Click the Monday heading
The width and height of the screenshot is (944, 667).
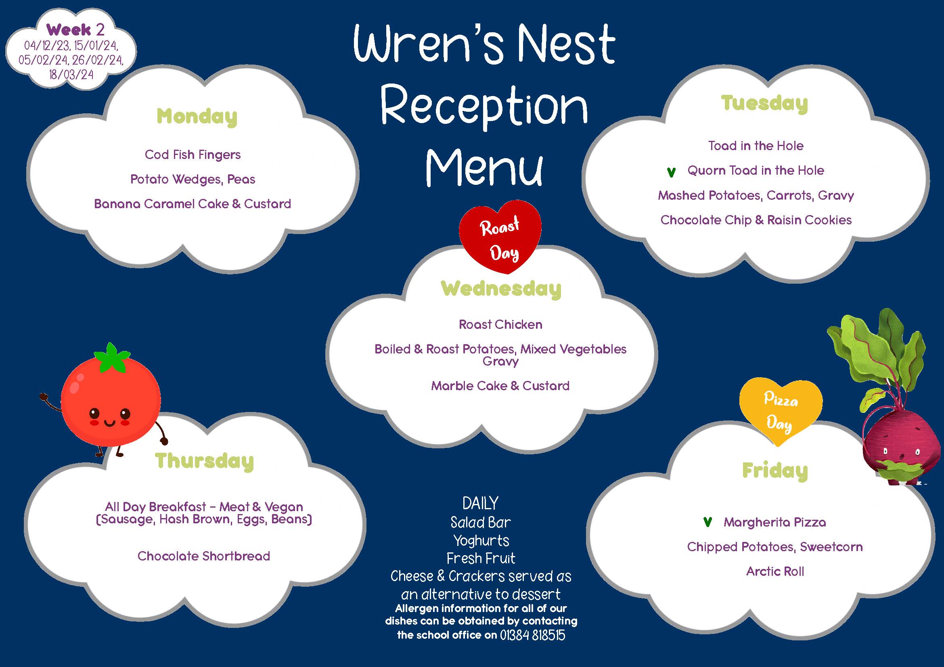click(x=197, y=117)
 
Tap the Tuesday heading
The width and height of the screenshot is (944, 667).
click(x=764, y=103)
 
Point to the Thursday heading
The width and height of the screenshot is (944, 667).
click(x=204, y=461)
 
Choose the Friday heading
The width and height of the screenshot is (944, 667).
click(x=775, y=471)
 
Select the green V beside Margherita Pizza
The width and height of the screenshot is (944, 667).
click(x=707, y=522)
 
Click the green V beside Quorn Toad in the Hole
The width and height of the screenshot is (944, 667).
click(x=671, y=172)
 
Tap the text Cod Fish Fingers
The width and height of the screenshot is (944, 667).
click(x=193, y=155)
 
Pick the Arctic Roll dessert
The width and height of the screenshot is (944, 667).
click(x=775, y=571)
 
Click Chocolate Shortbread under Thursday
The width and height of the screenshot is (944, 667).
click(x=203, y=556)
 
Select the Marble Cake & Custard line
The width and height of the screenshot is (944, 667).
click(x=500, y=386)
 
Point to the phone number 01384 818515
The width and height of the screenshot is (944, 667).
click(x=532, y=635)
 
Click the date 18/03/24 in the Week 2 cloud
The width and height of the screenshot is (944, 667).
click(x=71, y=75)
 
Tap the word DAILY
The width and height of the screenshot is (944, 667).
click(x=480, y=504)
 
